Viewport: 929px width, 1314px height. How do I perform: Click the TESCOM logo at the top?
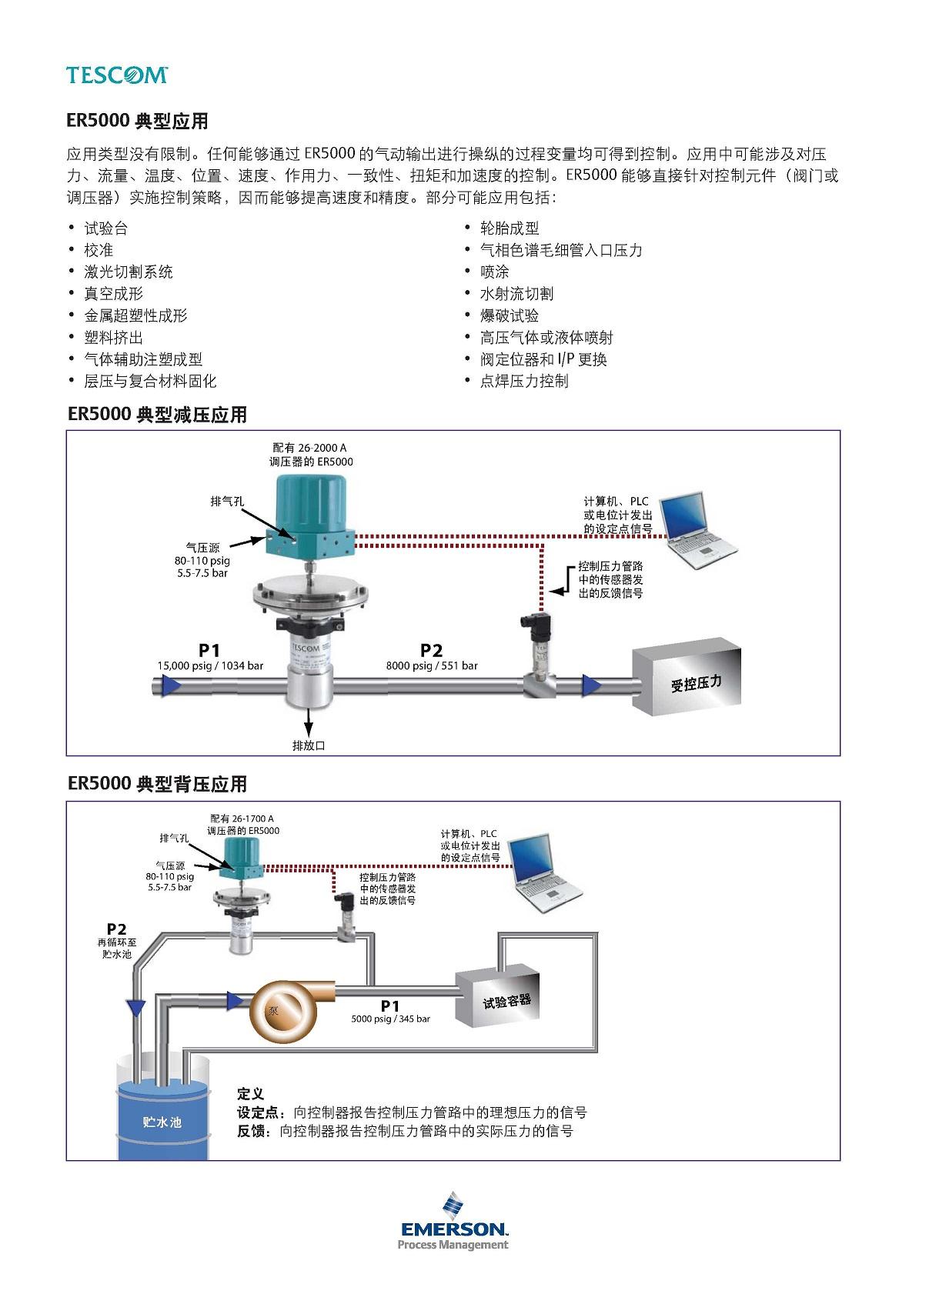coord(117,75)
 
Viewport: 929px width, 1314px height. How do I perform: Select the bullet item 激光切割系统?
coord(129,272)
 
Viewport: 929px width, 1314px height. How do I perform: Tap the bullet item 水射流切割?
coord(516,294)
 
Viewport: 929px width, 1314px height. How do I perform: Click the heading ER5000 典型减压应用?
coord(157,415)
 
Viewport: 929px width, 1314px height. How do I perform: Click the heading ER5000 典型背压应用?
coord(157,784)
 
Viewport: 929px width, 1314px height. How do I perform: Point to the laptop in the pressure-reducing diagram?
coord(698,530)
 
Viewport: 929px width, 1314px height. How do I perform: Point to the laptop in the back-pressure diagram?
coord(545,873)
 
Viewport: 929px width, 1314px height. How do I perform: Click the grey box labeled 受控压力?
coord(687,676)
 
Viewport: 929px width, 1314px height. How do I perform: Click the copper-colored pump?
coord(288,1010)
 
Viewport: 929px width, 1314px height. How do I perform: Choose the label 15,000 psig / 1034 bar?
coord(210,665)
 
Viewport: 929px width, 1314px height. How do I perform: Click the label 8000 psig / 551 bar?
coord(432,665)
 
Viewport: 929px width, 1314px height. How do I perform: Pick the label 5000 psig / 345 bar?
coord(391,1019)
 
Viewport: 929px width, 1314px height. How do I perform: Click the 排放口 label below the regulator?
coord(309,745)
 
